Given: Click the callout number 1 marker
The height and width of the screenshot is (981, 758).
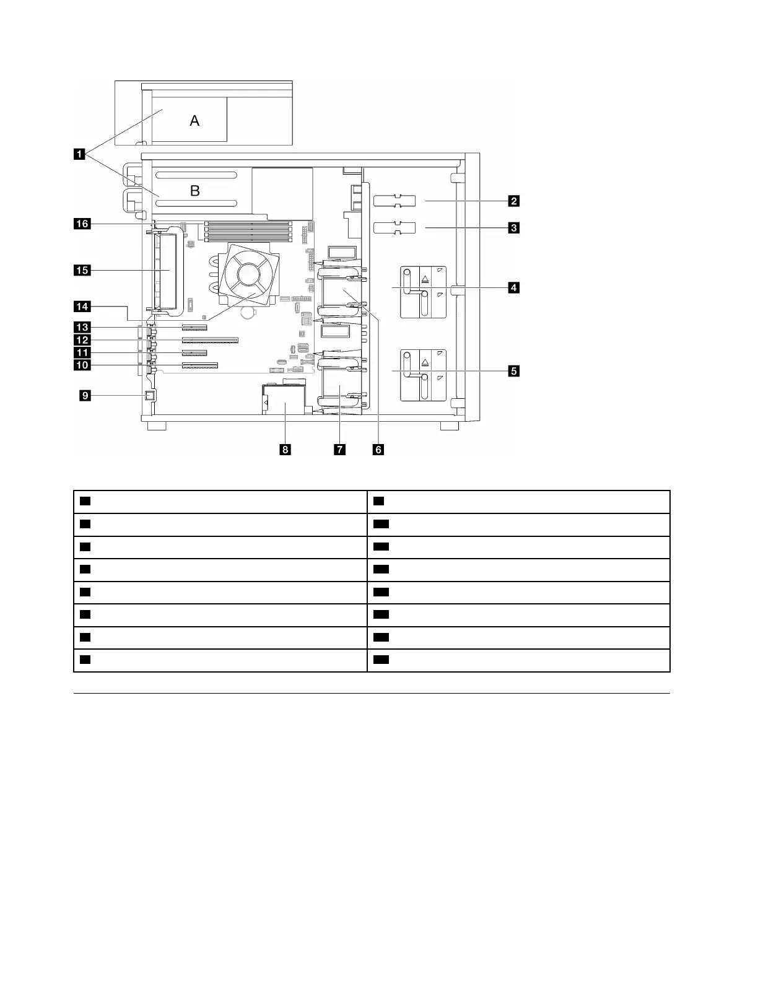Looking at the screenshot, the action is pyautogui.click(x=80, y=154).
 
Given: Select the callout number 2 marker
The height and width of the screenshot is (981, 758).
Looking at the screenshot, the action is pyautogui.click(x=513, y=201).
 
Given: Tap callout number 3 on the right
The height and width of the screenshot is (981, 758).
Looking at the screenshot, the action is pyautogui.click(x=513, y=228).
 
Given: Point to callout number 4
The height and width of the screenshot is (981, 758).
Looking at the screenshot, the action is pyautogui.click(x=513, y=287).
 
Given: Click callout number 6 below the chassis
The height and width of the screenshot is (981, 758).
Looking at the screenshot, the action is pyautogui.click(x=378, y=450).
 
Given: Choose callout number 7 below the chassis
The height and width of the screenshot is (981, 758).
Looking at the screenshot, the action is pyautogui.click(x=340, y=450).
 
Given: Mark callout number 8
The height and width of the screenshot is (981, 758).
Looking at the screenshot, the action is pyautogui.click(x=285, y=450).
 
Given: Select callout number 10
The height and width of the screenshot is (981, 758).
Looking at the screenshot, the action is pyautogui.click(x=82, y=365).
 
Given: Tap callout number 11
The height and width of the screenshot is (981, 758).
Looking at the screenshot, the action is pyautogui.click(x=82, y=352).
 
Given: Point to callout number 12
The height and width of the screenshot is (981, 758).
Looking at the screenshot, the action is pyautogui.click(x=82, y=340).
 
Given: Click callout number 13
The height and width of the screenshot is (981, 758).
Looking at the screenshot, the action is pyautogui.click(x=82, y=327).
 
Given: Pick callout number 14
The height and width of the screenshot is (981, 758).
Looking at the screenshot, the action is pyautogui.click(x=82, y=306).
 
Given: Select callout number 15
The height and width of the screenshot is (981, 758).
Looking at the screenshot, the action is pyautogui.click(x=82, y=269).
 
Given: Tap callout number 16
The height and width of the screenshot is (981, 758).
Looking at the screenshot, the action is pyautogui.click(x=82, y=224).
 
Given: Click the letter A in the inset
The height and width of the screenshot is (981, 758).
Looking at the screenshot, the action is pyautogui.click(x=194, y=121).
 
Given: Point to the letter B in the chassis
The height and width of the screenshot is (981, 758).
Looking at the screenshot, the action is pyautogui.click(x=194, y=191).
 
